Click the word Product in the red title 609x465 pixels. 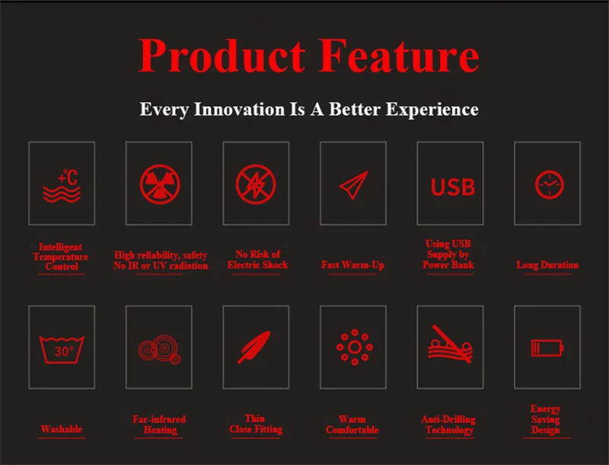(222, 56)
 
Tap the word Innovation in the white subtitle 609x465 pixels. (239, 109)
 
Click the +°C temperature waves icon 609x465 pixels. (62, 186)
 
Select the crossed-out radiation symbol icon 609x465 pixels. (160, 184)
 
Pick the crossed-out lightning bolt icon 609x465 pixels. (256, 184)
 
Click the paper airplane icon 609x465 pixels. (353, 185)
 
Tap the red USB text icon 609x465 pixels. (453, 187)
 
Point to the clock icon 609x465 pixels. (549, 184)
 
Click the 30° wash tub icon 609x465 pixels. (62, 350)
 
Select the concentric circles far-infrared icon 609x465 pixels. (160, 349)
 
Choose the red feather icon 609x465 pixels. (254, 347)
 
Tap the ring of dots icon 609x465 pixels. (355, 347)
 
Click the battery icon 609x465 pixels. (547, 348)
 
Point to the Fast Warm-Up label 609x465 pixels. (352, 265)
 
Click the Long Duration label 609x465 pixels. (547, 265)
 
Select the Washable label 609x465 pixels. (62, 429)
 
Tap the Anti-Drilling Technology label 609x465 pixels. (448, 425)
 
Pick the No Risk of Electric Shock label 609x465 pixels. (257, 260)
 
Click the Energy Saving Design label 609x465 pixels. (546, 420)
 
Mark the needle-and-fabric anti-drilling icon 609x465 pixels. (451, 345)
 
